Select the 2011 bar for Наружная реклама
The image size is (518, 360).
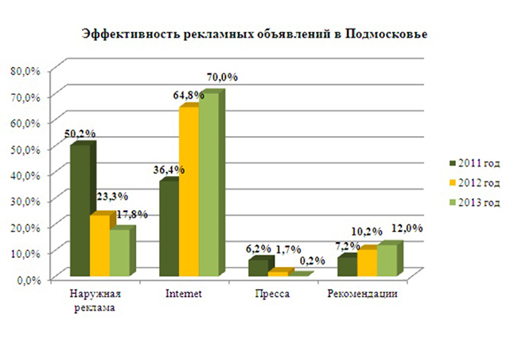click(80, 211)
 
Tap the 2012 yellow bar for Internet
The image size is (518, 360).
click(189, 191)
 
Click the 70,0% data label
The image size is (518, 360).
click(222, 77)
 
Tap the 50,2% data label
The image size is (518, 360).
click(80, 132)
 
